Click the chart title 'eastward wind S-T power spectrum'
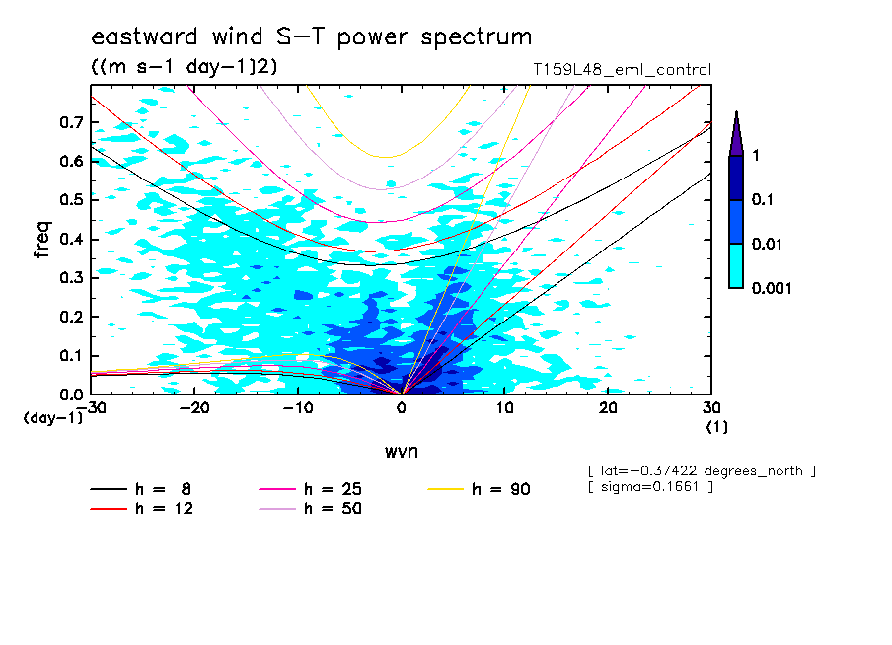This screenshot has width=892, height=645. [x=311, y=37]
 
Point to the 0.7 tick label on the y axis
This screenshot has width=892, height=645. [x=70, y=122]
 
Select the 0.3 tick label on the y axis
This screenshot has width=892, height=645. [x=70, y=278]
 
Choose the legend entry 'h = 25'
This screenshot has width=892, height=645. [x=334, y=488]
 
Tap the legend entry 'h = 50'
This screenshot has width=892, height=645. [x=334, y=509]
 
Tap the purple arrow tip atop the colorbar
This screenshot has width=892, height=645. [x=736, y=131]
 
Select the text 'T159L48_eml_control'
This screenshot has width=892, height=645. [x=621, y=70]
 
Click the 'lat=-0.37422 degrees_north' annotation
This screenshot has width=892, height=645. [x=701, y=470]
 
